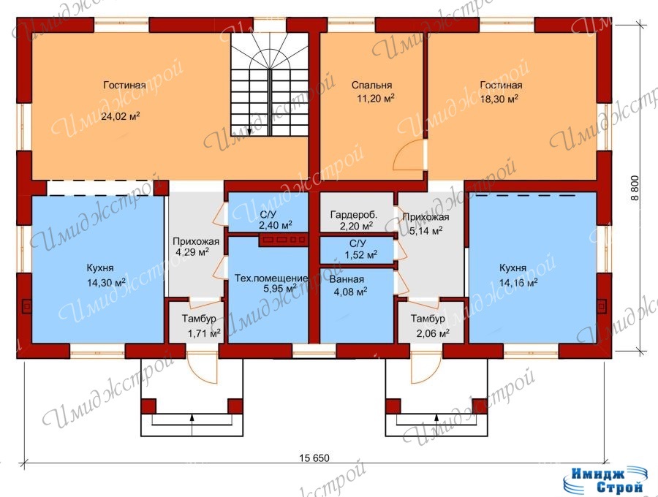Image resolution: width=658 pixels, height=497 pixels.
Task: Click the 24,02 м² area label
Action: pos(121,115)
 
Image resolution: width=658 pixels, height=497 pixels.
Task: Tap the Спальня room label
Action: pos(372,85)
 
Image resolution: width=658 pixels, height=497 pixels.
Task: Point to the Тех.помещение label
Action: pos(271,278)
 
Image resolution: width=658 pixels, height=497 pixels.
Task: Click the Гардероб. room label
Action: pos(354,215)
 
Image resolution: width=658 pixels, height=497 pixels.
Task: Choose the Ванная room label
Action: pos(347,279)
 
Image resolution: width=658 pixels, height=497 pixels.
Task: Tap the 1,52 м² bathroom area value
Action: pos(361,254)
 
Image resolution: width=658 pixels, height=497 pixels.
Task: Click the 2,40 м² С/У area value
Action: pos(276,225)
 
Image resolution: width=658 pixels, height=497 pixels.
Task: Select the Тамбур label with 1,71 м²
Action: pos(199,319)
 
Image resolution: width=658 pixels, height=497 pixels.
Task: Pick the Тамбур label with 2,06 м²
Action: pos(428,319)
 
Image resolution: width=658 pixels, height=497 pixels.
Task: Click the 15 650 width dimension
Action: pos(314,458)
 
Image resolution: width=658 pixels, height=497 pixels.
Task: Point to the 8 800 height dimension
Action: pos(635,188)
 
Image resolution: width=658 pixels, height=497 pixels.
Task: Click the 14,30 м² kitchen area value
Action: pos(106,283)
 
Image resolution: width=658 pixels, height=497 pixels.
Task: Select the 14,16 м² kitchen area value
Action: pos(518,283)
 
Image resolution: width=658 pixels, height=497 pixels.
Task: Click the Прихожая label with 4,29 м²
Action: pos(196,242)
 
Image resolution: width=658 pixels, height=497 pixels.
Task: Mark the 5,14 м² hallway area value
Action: pos(426,231)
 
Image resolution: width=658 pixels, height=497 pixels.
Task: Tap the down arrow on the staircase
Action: pos(249,131)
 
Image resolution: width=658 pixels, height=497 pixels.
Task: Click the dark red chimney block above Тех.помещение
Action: pos(284,240)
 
